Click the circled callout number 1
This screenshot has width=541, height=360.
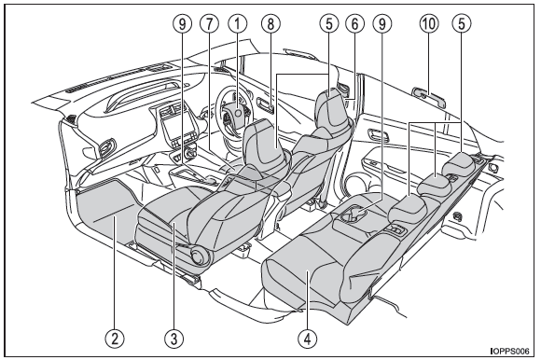237,24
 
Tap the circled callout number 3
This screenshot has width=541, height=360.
173,338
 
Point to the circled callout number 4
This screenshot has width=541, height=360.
308,338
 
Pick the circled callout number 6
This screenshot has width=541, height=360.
354,24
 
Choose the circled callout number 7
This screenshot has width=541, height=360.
210,24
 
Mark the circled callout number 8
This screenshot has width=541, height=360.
270,24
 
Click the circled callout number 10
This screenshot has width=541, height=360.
429,24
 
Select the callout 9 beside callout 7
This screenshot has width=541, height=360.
183,24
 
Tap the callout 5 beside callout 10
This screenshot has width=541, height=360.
462,24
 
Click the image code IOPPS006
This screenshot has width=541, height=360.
509,352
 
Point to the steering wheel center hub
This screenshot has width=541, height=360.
237,114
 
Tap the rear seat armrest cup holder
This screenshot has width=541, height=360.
353,215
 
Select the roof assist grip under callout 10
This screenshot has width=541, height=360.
429,96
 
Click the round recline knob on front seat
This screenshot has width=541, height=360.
199,256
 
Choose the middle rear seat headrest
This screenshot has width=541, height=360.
434,182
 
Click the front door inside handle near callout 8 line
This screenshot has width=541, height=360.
265,105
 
